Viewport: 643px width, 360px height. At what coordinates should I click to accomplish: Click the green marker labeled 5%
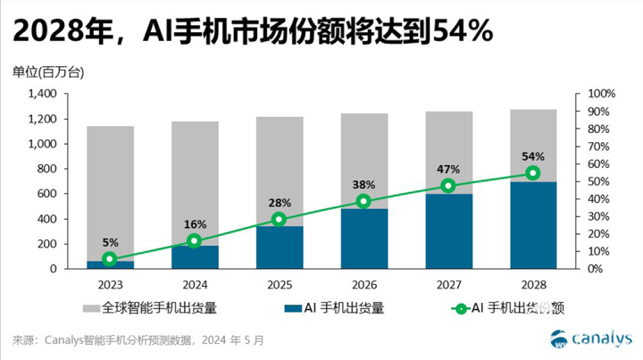[110, 259]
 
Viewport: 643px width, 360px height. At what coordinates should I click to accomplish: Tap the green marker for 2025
[279, 220]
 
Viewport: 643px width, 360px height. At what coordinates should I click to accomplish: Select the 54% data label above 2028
[532, 157]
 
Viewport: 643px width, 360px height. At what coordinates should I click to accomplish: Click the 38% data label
[363, 185]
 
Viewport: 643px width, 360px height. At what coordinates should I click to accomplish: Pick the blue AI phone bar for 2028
[532, 225]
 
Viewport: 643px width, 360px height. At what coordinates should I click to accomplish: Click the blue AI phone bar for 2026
[363, 239]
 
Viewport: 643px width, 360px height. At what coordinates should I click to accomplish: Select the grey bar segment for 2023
[110, 193]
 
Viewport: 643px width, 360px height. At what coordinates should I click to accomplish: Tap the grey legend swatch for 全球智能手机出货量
[90, 309]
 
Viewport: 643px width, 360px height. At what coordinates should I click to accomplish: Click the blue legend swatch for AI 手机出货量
[288, 309]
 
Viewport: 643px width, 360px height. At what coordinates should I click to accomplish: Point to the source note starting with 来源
[138, 339]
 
